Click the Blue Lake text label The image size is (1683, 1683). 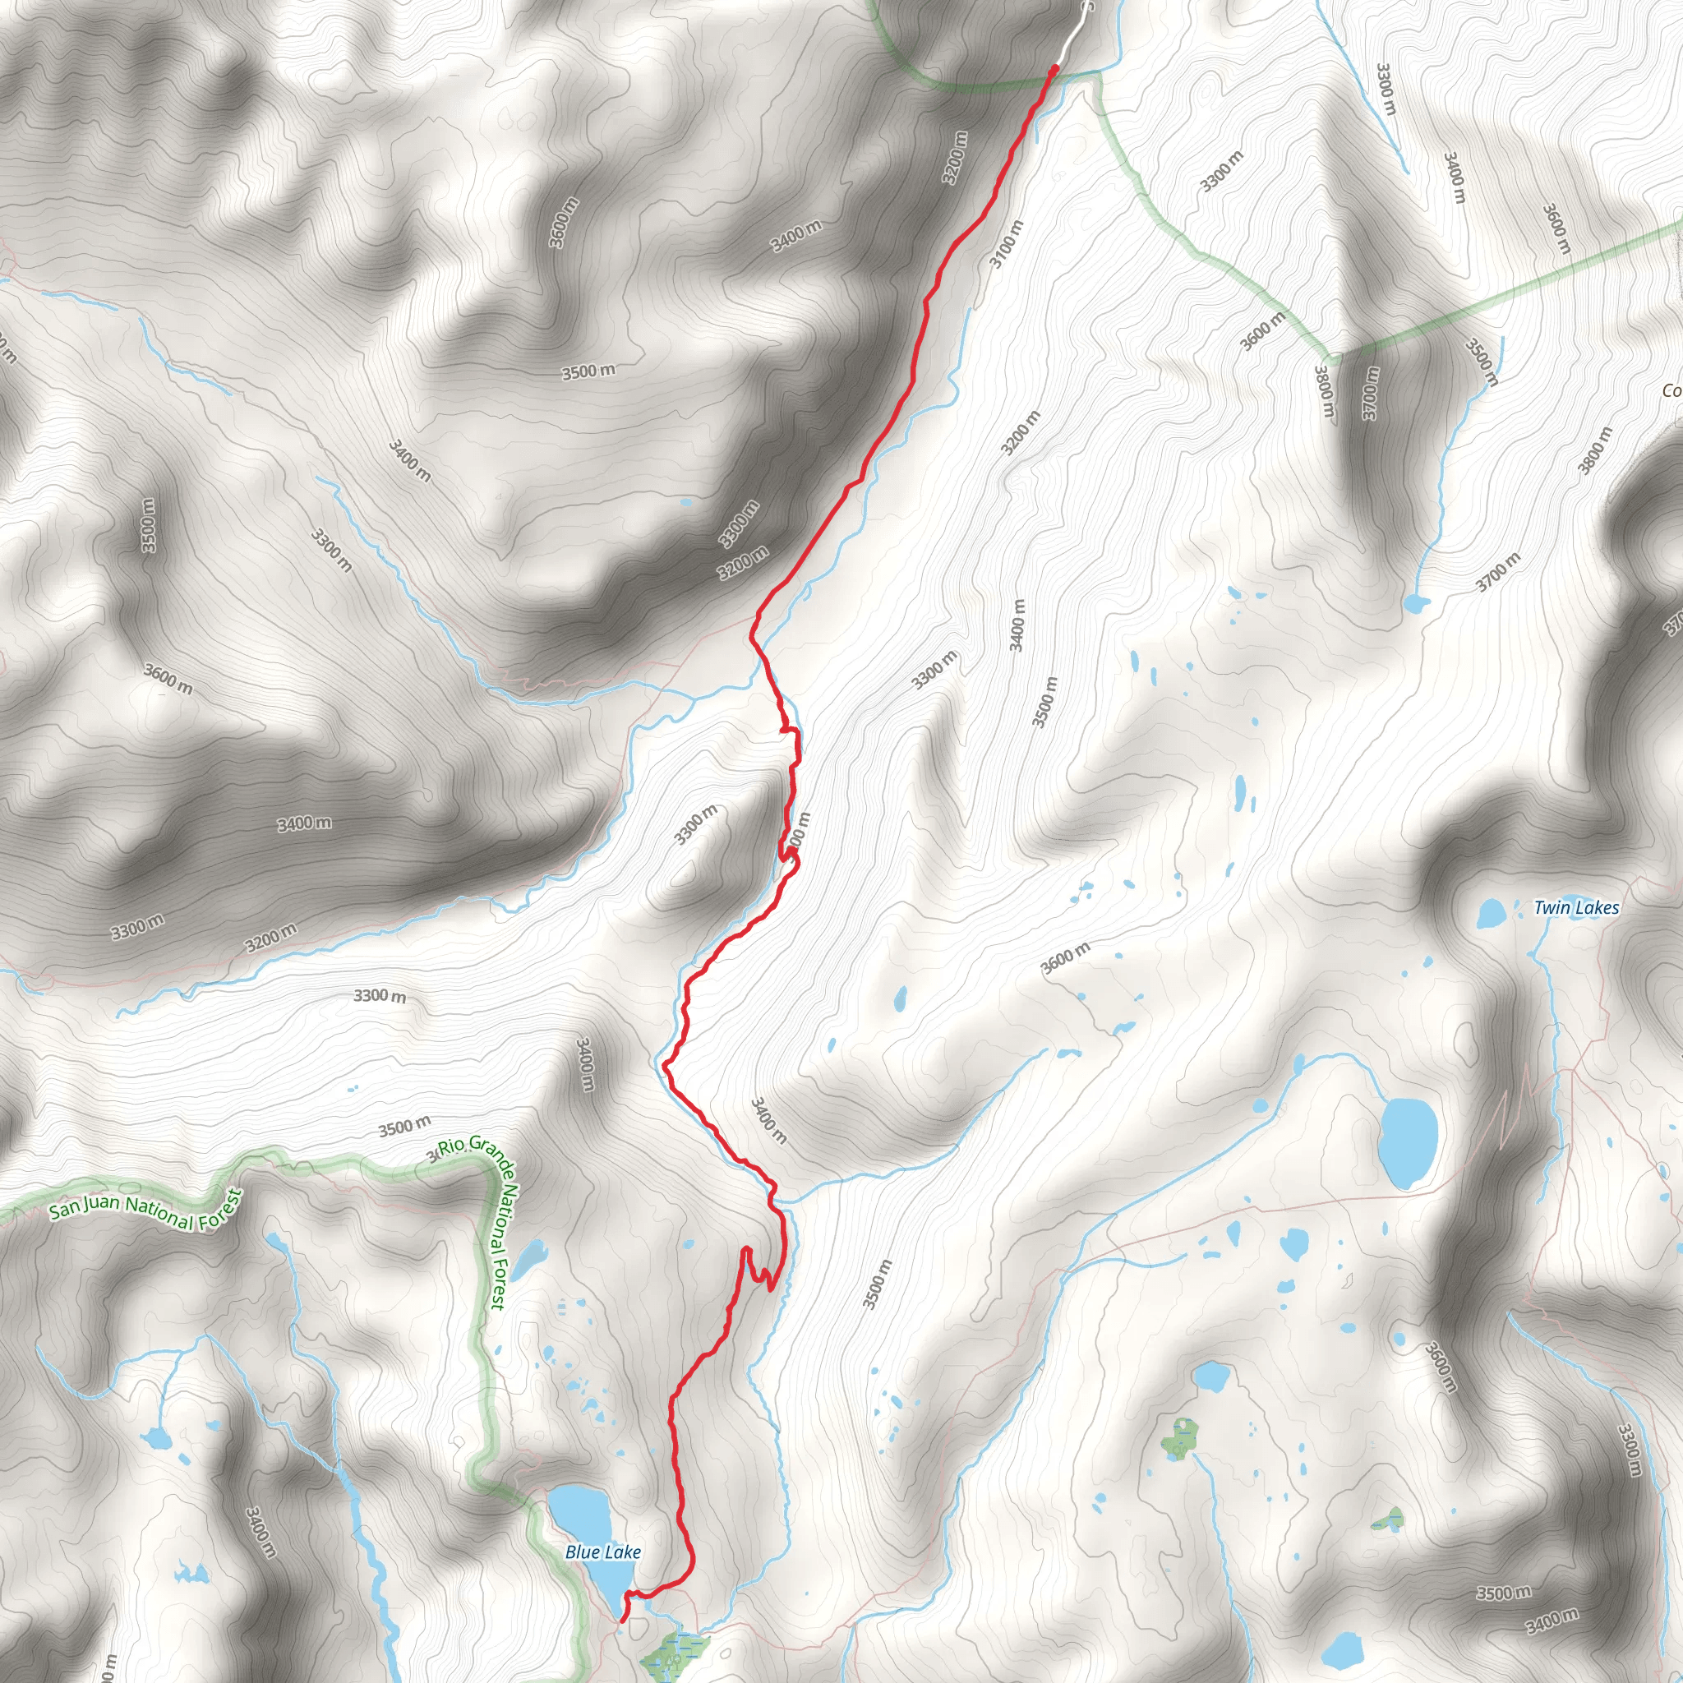point(603,1552)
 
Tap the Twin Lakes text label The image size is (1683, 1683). point(1576,909)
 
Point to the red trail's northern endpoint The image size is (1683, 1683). point(1055,67)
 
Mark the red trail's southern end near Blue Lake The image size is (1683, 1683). point(620,1621)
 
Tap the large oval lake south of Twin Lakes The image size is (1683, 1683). point(1409,1144)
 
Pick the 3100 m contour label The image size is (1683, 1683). point(1007,243)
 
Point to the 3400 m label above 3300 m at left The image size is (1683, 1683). point(304,823)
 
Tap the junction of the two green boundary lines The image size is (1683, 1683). point(1330,357)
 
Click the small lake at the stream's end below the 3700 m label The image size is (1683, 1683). point(1417,604)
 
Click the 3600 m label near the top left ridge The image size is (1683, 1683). point(564,223)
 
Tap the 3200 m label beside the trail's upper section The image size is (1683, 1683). point(956,157)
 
